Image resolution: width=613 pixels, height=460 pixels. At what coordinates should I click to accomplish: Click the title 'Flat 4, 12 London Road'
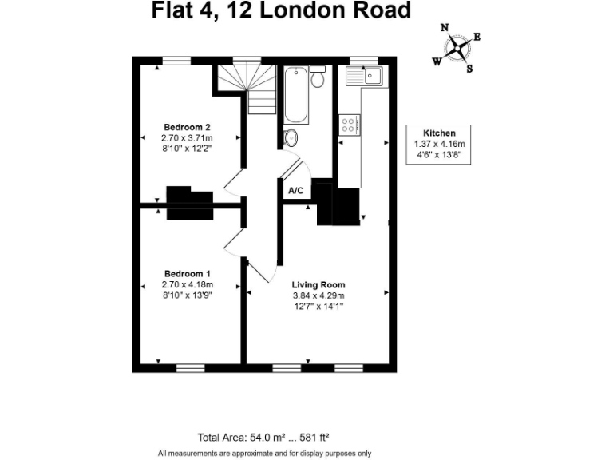click(282, 10)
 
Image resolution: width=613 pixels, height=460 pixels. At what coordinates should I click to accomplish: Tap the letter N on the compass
click(445, 28)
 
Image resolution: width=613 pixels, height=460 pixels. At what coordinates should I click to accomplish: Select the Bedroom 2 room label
click(187, 127)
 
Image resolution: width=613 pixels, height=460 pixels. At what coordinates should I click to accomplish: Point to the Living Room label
click(318, 284)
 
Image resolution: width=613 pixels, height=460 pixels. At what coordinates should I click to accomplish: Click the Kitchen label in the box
click(439, 133)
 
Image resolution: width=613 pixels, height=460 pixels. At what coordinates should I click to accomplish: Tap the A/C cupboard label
click(295, 191)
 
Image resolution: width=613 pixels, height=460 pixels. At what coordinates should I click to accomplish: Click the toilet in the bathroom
click(318, 77)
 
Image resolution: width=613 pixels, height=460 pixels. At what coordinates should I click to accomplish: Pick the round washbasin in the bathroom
click(291, 137)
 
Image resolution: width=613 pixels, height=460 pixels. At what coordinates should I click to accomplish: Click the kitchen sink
click(364, 77)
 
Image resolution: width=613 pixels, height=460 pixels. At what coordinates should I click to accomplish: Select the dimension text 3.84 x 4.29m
click(318, 295)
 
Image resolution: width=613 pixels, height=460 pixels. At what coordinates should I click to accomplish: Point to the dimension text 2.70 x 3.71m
click(187, 137)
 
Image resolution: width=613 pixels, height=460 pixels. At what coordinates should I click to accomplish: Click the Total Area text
click(263, 437)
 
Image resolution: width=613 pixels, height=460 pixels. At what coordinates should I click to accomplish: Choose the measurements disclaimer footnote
click(264, 453)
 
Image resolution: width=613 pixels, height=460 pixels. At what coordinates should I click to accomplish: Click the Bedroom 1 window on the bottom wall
click(191, 368)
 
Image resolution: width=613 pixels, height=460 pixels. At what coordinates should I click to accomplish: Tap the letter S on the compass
click(469, 69)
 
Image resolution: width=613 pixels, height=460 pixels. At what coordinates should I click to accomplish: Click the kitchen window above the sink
click(364, 60)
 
